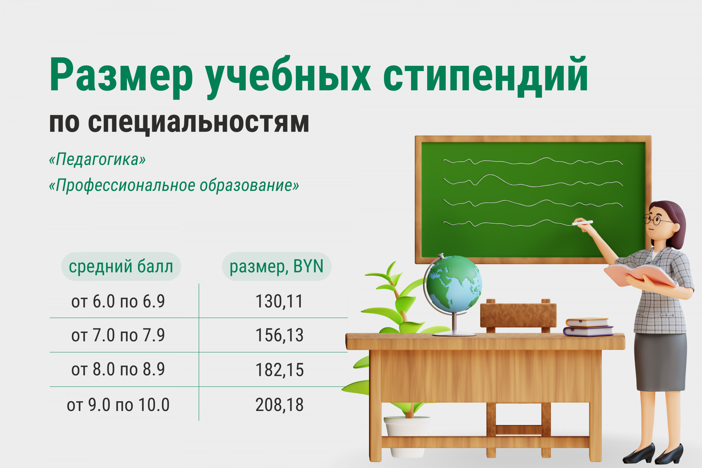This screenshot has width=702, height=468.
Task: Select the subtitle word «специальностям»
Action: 199,123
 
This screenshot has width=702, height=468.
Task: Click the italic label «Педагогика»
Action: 97,159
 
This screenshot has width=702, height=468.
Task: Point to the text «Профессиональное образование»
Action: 174,185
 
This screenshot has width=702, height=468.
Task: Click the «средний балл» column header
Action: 121,266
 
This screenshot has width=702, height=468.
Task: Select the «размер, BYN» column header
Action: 276,266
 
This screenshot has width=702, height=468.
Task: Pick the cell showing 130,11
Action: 279,301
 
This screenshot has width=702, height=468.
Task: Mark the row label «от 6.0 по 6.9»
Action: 118,301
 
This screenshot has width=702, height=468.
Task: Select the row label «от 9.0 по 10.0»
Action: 118,405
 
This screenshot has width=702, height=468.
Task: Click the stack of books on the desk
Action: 588,327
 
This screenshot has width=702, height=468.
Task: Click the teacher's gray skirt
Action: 660,362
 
